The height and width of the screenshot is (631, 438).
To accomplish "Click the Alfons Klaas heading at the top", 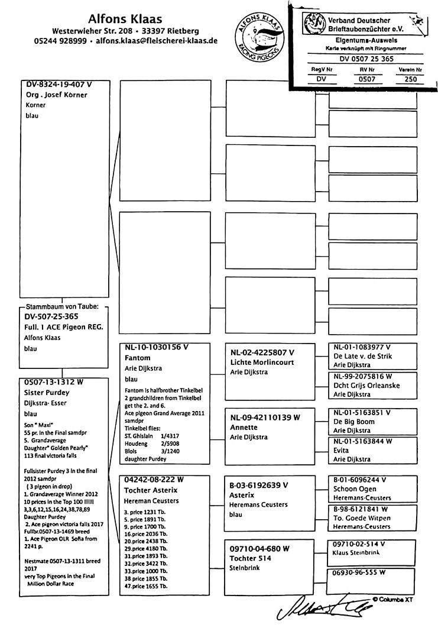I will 125,19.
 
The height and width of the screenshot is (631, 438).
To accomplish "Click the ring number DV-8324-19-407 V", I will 59,85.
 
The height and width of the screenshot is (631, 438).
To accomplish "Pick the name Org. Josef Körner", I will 57,95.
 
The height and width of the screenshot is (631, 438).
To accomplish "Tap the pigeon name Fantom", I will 138,358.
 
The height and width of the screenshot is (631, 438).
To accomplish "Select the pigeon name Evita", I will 343,449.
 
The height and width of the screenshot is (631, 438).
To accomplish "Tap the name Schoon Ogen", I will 354,489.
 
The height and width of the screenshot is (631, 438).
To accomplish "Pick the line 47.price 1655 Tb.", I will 145,586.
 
